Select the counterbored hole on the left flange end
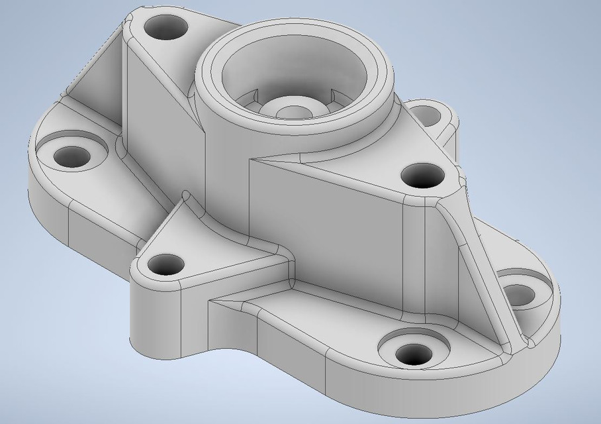[x=71, y=156]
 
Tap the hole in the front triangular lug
[x=165, y=265]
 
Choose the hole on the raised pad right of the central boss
[x=422, y=176]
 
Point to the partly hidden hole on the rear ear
[x=428, y=117]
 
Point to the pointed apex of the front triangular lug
[x=187, y=196]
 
